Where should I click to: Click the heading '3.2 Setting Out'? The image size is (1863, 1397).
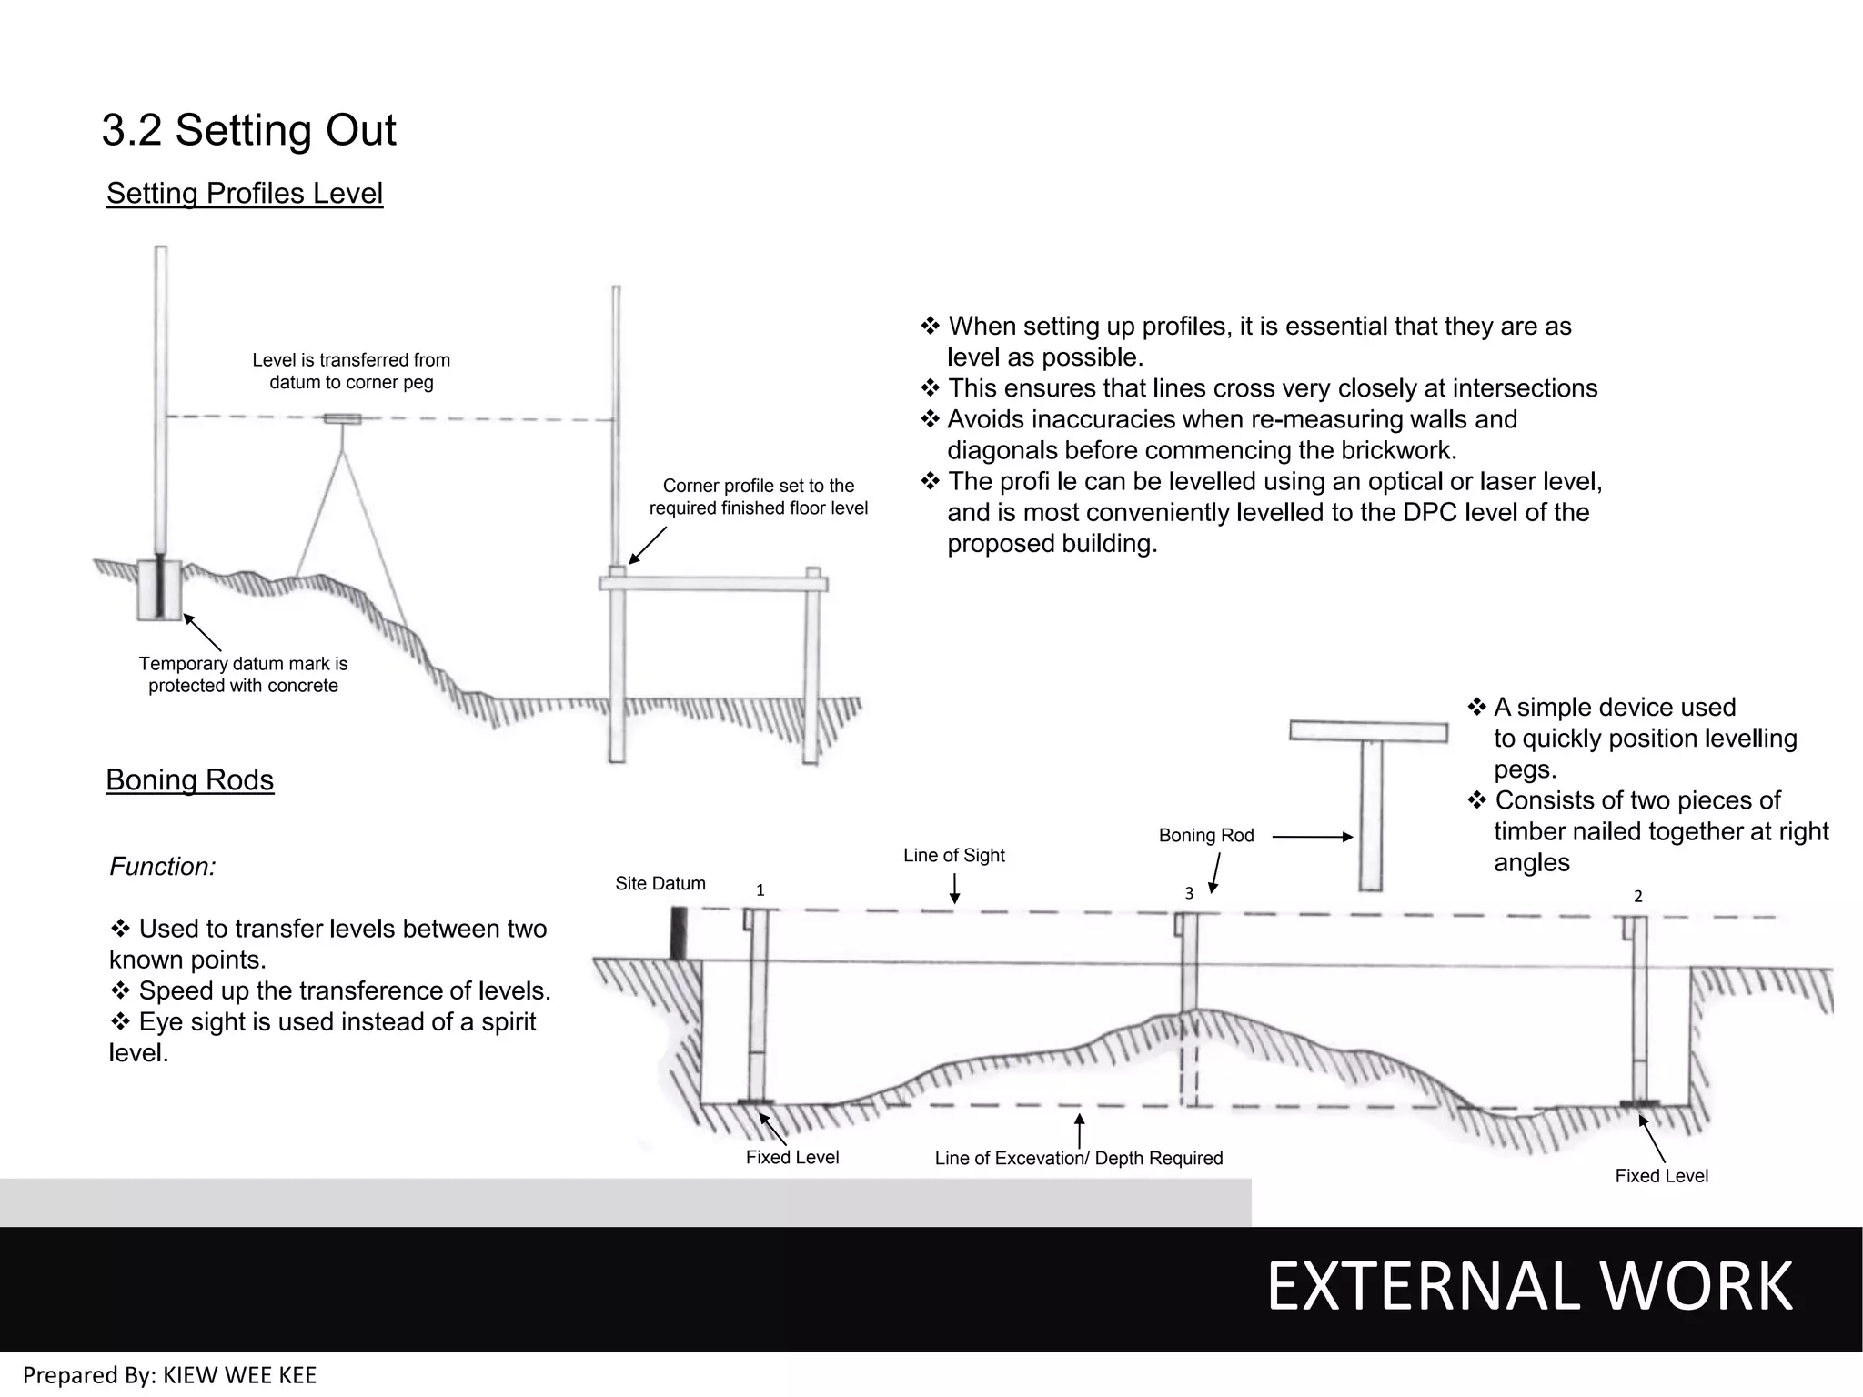(248, 130)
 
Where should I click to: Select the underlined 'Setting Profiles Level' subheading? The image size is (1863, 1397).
(244, 193)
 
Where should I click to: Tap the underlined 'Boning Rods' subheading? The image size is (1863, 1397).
(189, 779)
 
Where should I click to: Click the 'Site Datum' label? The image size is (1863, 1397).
(660, 883)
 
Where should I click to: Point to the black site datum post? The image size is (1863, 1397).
(677, 933)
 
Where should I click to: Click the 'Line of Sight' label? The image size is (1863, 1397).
(953, 855)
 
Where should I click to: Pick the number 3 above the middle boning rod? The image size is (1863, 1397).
(1188, 894)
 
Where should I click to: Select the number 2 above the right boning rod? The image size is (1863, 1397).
(1637, 897)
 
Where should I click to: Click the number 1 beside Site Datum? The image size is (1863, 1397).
(760, 890)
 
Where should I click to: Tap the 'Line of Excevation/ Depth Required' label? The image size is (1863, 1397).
(1078, 1158)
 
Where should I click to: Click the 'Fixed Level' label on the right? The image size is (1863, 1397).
(1661, 1176)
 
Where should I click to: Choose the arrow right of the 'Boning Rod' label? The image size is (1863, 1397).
(1312, 837)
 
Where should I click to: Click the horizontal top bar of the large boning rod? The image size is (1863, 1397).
(1368, 731)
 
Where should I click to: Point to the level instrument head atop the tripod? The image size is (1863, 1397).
(343, 419)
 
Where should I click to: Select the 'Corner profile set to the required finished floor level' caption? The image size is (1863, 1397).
(758, 497)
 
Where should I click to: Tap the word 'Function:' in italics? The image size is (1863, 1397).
(163, 867)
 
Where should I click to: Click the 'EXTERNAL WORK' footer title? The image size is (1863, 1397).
(1528, 1286)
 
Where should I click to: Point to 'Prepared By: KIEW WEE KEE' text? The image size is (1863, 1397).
(170, 1375)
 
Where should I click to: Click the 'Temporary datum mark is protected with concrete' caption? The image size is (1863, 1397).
(243, 675)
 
